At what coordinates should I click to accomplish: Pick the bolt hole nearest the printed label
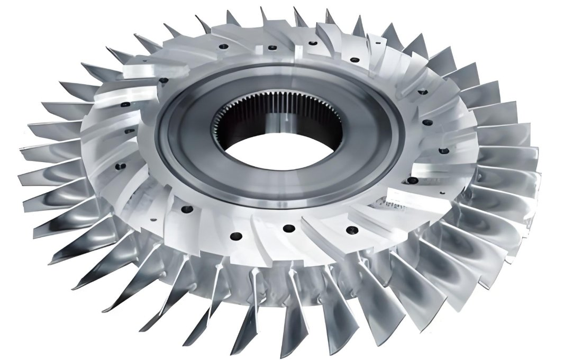[412, 181]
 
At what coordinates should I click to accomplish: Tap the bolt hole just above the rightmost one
[427, 123]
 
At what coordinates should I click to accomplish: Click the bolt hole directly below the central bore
[288, 228]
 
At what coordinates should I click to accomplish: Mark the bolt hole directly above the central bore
[272, 48]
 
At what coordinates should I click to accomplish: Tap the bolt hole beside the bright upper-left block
[163, 80]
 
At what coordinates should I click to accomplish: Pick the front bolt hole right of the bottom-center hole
[349, 230]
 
